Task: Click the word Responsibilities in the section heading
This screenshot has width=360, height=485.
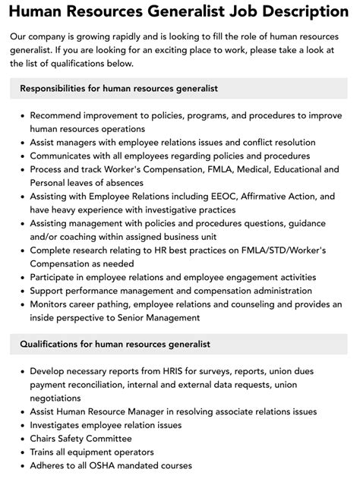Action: [56, 89]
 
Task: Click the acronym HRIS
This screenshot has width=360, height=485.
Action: [175, 372]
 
